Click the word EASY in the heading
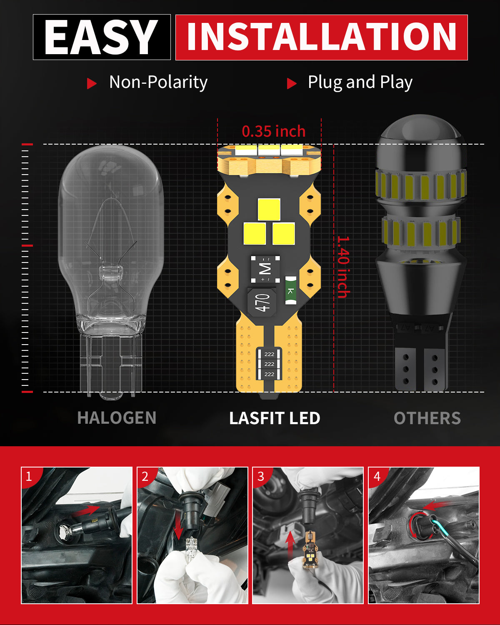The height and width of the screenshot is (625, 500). tap(101, 37)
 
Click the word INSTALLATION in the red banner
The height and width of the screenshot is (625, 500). tap(321, 37)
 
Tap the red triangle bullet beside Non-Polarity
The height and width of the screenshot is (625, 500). tap(91, 83)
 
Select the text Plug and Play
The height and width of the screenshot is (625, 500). tap(360, 82)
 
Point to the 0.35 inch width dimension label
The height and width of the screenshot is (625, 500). tap(273, 131)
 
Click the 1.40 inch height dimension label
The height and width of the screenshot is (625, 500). tap(343, 267)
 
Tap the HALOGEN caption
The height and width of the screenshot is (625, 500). tap(117, 418)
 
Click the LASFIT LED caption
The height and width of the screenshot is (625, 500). tap(275, 418)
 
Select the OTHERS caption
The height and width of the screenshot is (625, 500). tap(427, 418)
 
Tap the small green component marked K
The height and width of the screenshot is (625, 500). tap(290, 290)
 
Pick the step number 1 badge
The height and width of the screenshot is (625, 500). tap(29, 476)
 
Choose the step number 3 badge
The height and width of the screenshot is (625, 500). tap(261, 476)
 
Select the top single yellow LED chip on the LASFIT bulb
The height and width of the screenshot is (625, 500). tap(269, 210)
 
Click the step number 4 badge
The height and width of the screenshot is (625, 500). tap(377, 476)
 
